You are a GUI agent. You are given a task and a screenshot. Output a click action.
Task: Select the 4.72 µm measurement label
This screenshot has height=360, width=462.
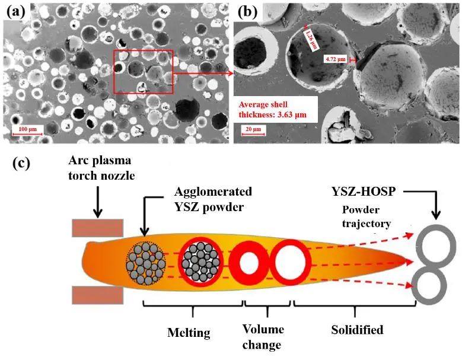[336, 59]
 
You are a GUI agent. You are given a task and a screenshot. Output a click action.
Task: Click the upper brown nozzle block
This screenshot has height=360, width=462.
[98, 227]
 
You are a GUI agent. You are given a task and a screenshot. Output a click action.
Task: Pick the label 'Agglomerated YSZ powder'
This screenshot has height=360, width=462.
[212, 199]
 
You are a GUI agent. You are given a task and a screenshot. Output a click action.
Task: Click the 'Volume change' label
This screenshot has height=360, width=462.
[263, 336]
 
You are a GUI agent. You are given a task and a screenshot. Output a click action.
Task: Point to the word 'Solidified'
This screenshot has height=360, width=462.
[358, 329]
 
